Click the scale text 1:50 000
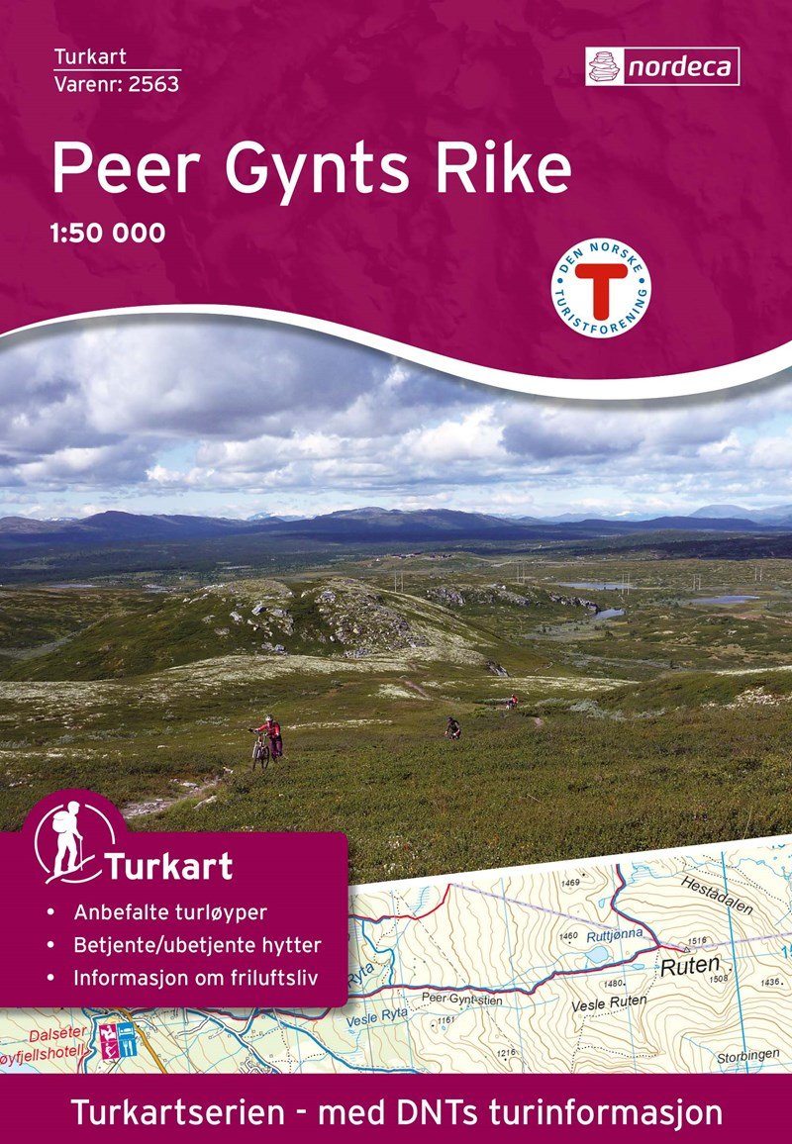pyautogui.click(x=108, y=235)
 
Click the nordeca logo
pyautogui.click(x=661, y=66)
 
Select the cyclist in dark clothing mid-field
pyautogui.click(x=452, y=727)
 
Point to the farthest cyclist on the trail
pyautogui.click(x=512, y=701)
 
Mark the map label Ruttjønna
pyautogui.click(x=615, y=932)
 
